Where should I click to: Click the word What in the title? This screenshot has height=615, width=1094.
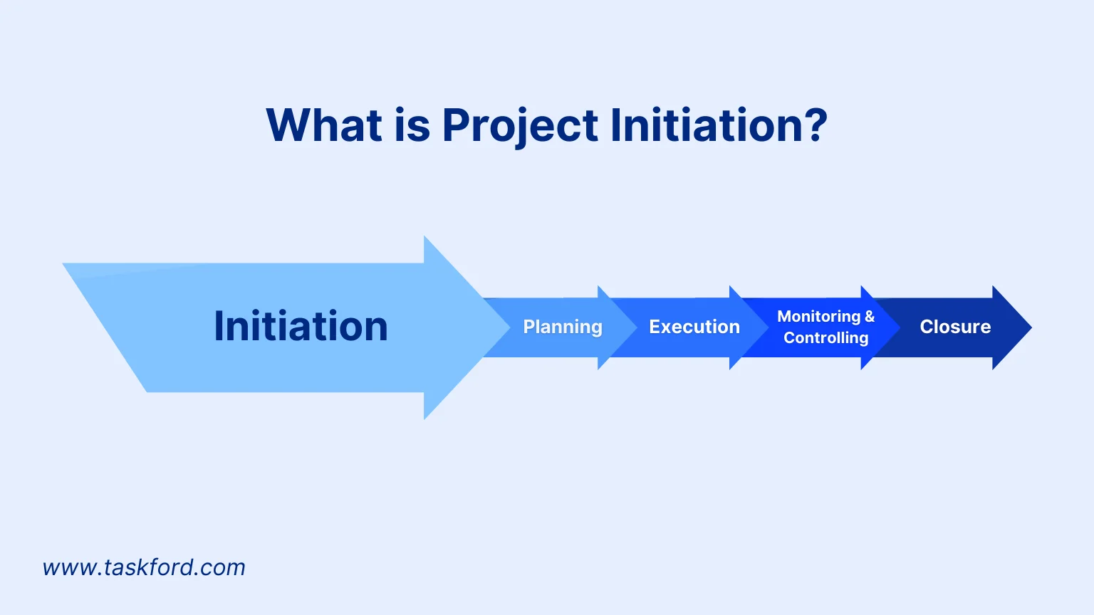[323, 125]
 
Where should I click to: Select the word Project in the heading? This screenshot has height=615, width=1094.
[519, 127]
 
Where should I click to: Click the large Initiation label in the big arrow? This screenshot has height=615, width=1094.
[301, 327]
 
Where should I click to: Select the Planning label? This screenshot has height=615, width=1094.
[563, 327]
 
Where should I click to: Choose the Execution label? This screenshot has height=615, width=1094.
[694, 327]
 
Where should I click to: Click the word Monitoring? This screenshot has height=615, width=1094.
[818, 316]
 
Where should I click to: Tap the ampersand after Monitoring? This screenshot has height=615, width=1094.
[870, 316]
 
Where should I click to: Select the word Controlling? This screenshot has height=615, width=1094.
[826, 337]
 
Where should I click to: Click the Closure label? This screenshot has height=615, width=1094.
[955, 327]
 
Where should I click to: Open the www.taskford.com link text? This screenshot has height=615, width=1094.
[144, 567]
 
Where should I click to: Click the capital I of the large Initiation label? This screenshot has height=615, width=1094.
[219, 327]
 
